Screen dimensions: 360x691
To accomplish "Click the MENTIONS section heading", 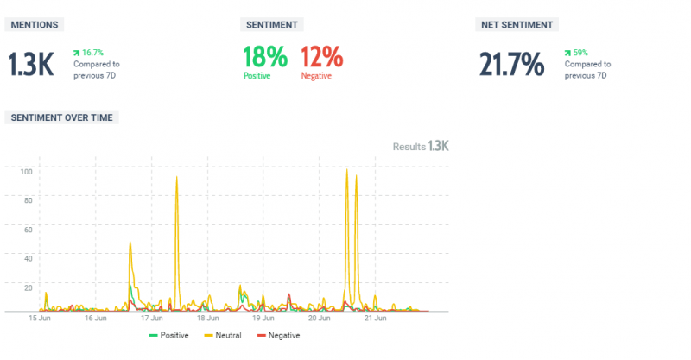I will (35, 25).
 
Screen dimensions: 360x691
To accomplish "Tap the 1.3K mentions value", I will (33, 65).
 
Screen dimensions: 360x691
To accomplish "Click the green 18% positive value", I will (264, 58).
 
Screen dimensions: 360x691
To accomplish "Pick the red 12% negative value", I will (321, 58).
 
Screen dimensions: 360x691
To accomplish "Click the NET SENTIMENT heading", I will (516, 25).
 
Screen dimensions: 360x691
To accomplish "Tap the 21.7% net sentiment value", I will (512, 65).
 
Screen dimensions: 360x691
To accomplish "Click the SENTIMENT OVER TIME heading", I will (61, 117).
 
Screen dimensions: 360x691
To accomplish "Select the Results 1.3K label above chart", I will (421, 147).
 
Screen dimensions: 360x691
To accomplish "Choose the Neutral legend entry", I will (229, 335).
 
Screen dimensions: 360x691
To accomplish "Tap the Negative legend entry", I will (283, 335).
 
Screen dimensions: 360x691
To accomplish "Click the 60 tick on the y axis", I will (27, 230).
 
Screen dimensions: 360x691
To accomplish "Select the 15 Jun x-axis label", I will (38, 318).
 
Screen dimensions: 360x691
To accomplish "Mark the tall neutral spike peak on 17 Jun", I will (177, 177).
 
